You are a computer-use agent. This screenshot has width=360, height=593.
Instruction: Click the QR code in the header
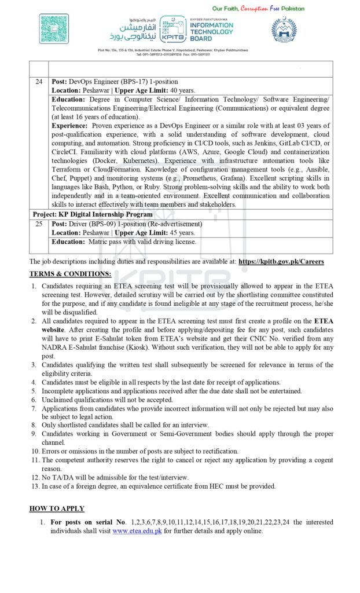click(54, 28)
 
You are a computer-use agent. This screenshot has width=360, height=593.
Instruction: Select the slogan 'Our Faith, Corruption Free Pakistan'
click(258, 8)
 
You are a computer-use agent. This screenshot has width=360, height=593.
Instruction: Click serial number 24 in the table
click(39, 82)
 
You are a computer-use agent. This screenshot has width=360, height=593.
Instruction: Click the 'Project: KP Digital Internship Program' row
click(92, 214)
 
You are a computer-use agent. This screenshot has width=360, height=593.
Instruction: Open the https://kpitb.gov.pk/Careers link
click(281, 262)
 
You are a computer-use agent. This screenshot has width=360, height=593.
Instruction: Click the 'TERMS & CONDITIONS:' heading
click(70, 273)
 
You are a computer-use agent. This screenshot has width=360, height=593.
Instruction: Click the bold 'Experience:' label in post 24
click(70, 126)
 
